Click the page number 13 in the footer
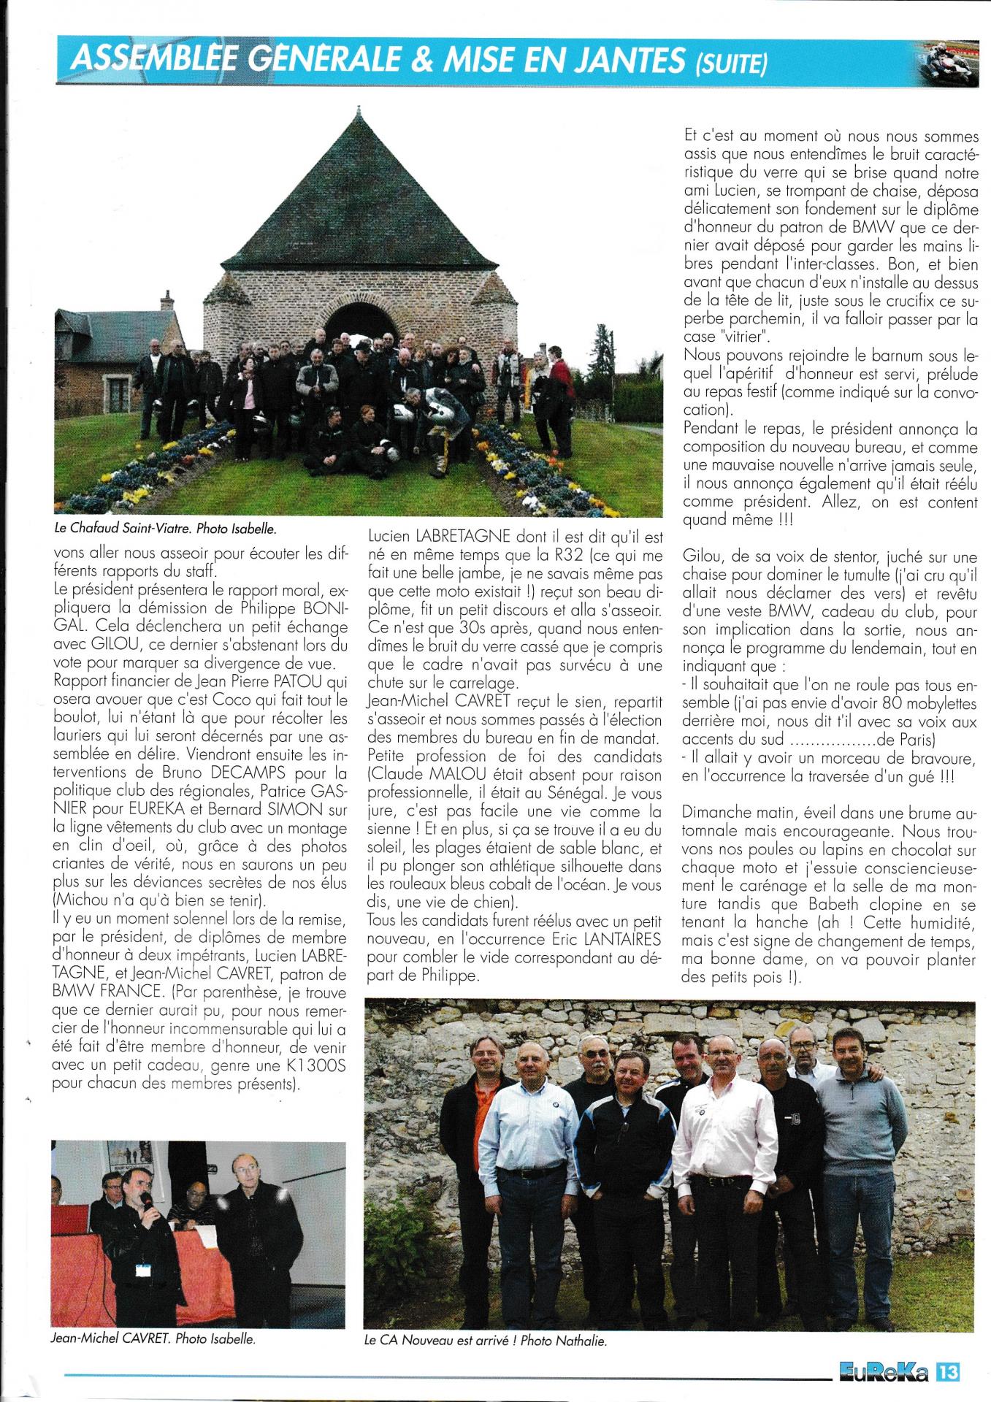[947, 1374]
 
